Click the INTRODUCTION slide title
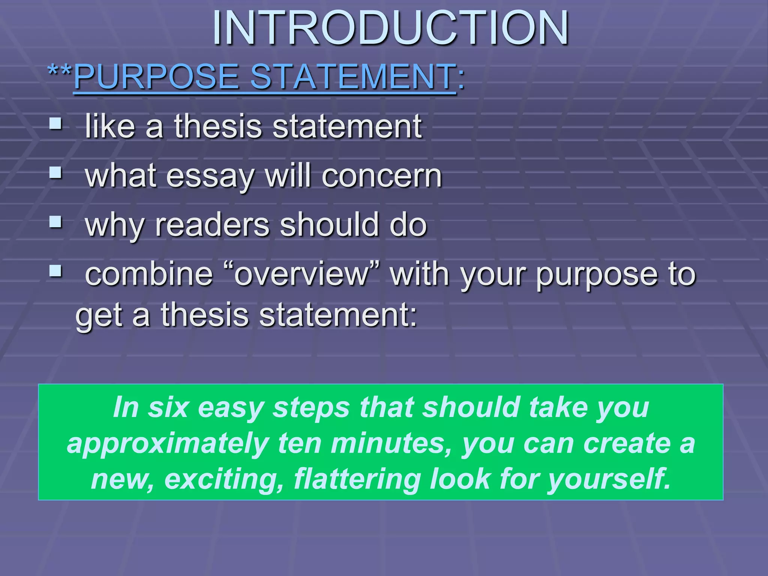coord(390,28)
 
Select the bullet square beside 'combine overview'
coord(55,270)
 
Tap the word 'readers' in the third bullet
coord(212,225)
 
